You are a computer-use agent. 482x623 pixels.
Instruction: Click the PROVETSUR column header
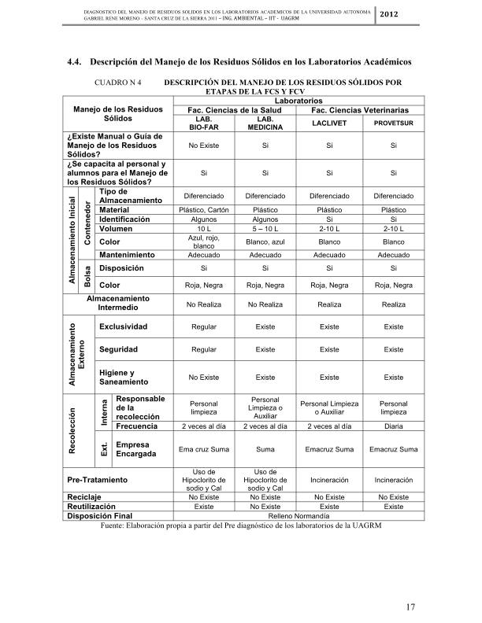393,123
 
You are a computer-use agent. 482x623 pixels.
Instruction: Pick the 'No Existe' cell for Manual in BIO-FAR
203,146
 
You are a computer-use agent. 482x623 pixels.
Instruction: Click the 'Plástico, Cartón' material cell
203,210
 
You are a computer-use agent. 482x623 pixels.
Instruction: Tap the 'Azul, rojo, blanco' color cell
203,241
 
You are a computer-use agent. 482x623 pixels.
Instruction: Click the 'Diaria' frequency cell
393,426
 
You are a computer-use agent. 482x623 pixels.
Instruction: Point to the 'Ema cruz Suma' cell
203,449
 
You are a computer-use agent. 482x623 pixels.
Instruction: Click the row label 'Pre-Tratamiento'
98,478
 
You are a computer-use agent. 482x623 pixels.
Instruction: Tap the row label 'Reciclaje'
83,498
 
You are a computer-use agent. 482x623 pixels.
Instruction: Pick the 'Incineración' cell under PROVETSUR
393,478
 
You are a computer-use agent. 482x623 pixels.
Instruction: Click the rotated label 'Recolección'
72,427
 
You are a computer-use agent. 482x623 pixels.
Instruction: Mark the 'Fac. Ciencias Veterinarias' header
358,110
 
